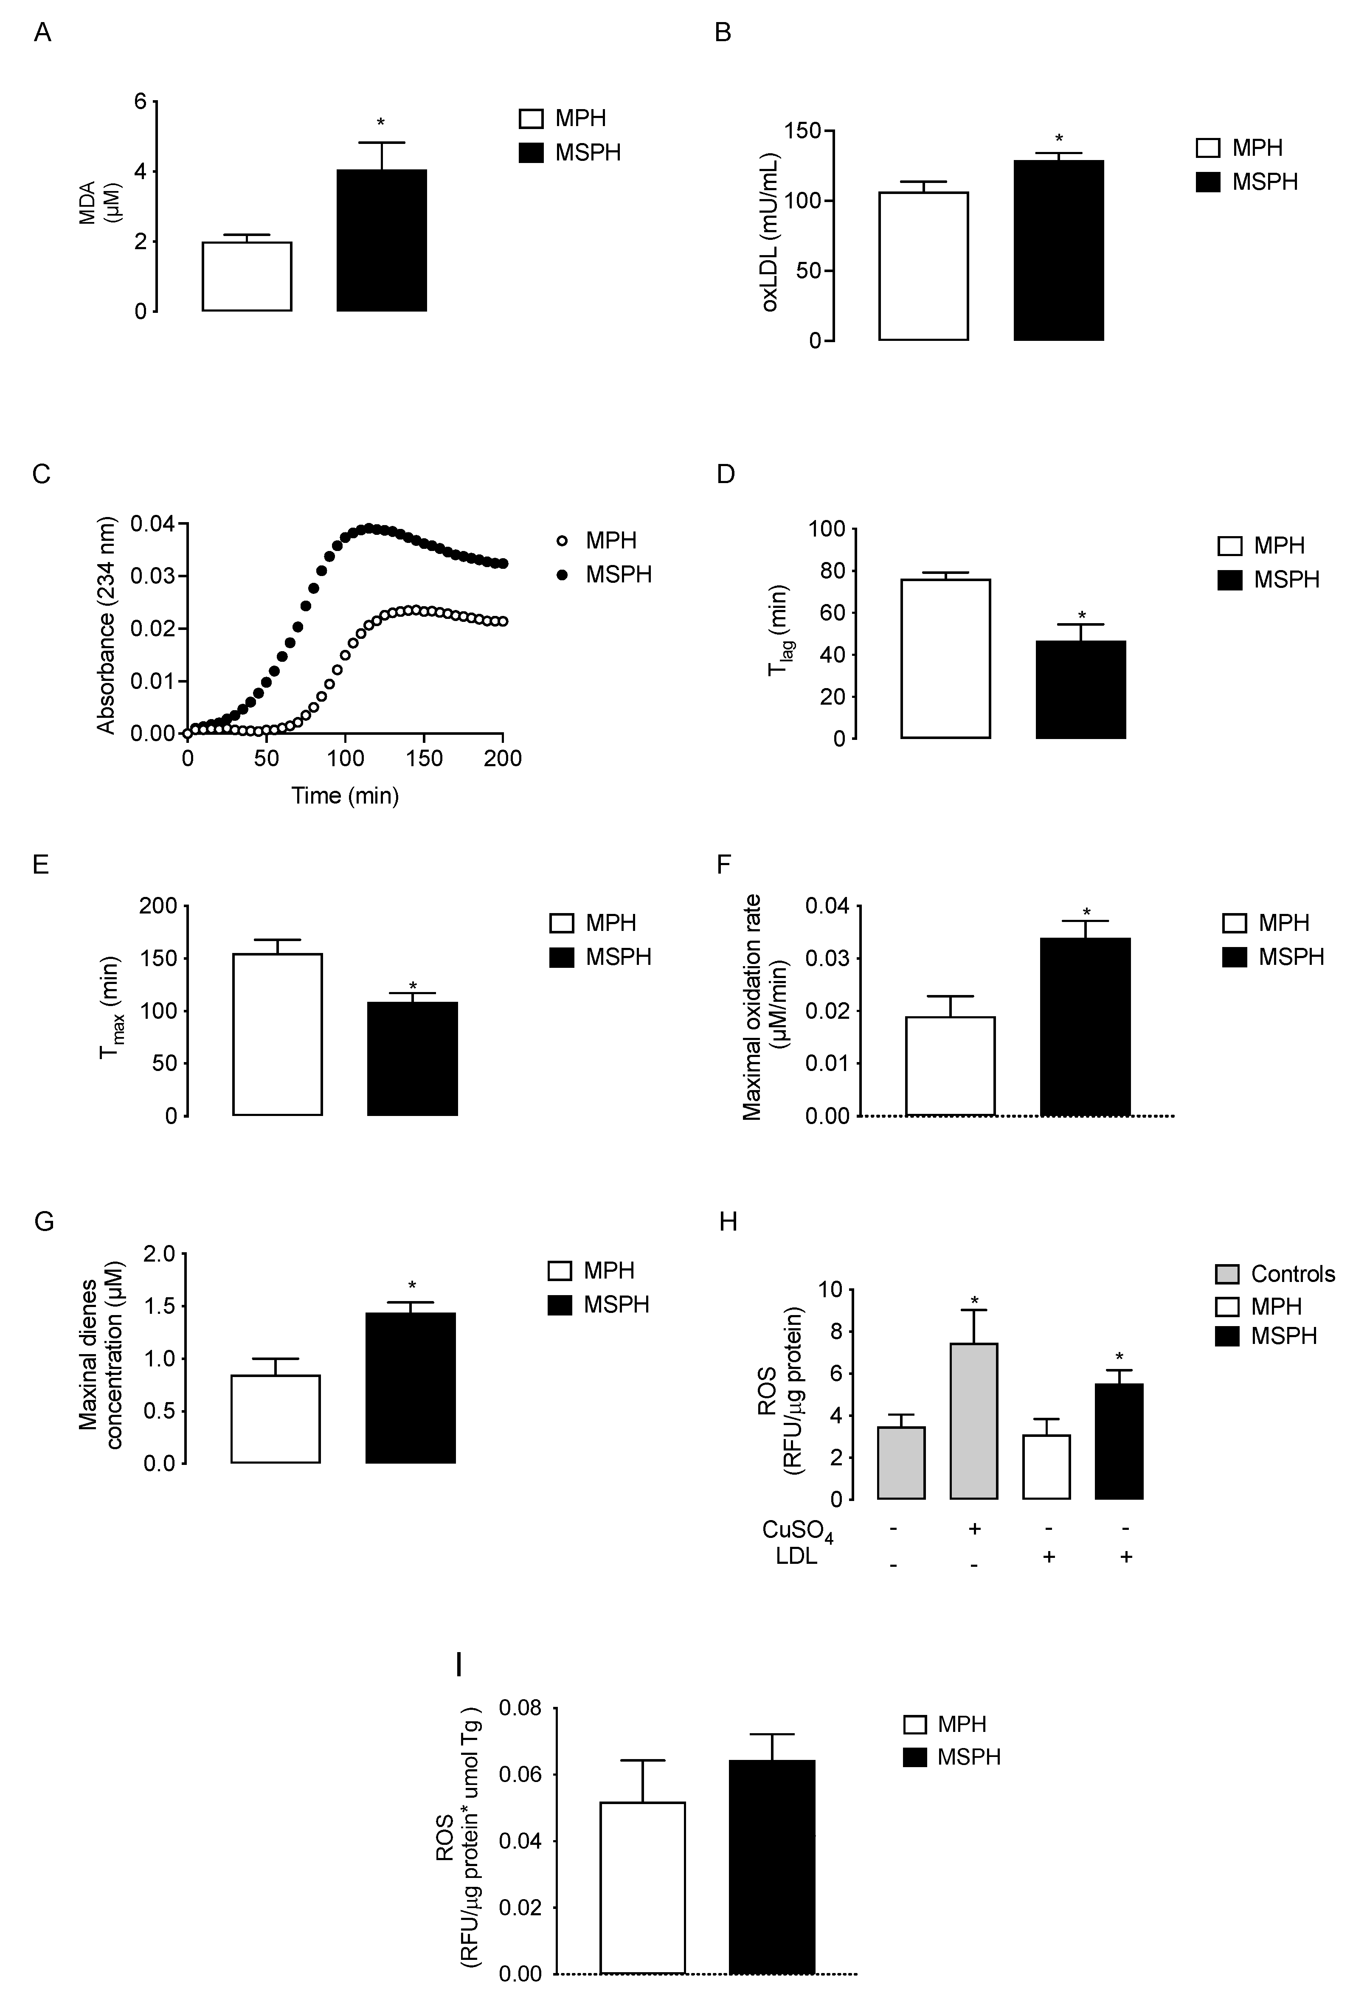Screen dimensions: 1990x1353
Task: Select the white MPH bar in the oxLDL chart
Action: tap(923, 266)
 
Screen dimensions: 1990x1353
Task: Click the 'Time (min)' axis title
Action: tap(345, 796)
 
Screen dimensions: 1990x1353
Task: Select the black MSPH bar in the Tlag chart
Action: tap(1081, 689)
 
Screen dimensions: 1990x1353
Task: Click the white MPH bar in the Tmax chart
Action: tap(278, 1034)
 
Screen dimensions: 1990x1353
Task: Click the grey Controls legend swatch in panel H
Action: tap(1227, 1274)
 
